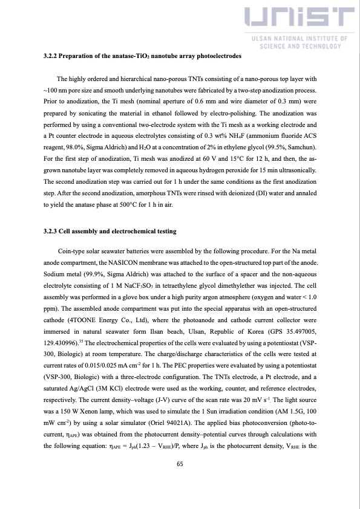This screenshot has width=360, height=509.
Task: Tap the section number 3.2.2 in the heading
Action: click(52, 56)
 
